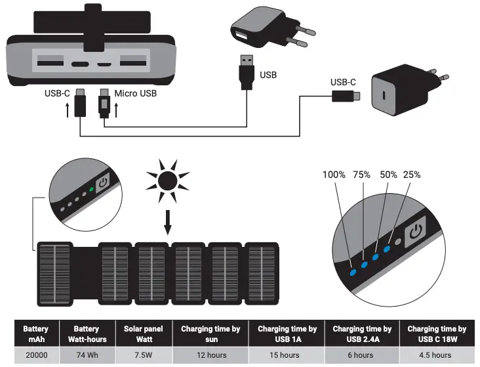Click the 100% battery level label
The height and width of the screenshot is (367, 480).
(334, 175)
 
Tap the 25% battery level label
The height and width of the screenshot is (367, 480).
(411, 175)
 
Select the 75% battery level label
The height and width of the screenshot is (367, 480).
(361, 175)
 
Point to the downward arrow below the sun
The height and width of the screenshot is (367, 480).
(167, 221)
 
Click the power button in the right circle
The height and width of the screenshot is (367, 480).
(415, 232)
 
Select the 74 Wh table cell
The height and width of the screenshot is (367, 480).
(86, 355)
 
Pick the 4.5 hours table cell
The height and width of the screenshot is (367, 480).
(436, 355)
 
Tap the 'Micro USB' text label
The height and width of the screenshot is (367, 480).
(136, 94)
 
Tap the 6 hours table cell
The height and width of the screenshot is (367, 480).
(361, 355)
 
